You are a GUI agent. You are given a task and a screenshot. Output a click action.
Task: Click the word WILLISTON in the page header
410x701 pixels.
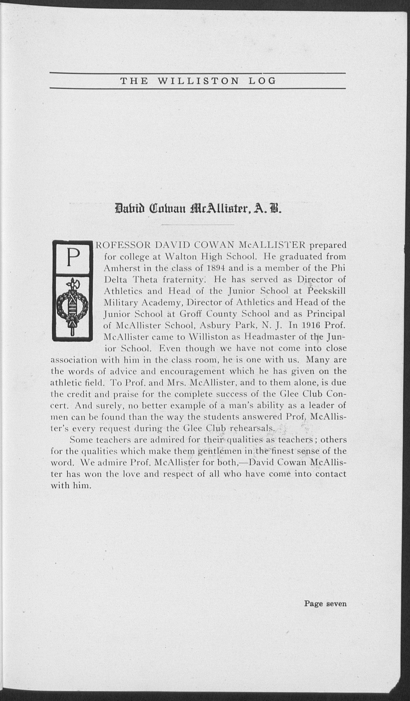pyautogui.click(x=198, y=81)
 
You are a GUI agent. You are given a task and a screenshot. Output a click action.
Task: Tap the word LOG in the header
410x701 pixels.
pyautogui.click(x=261, y=81)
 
